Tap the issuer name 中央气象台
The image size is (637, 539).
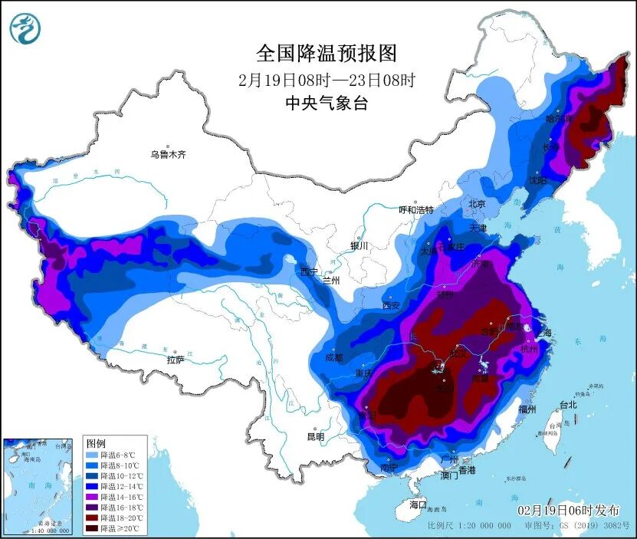tap(327, 103)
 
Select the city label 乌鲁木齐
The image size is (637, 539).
tap(168, 155)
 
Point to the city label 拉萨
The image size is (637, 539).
tap(176, 360)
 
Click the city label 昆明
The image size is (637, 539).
tap(315, 436)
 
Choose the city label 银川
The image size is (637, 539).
tap(360, 246)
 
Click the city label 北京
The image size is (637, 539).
tap(477, 205)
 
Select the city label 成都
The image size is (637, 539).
tap(334, 357)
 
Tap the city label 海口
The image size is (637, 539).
tap(418, 505)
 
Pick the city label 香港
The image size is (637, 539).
tap(467, 469)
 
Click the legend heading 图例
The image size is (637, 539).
tap(96, 444)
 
